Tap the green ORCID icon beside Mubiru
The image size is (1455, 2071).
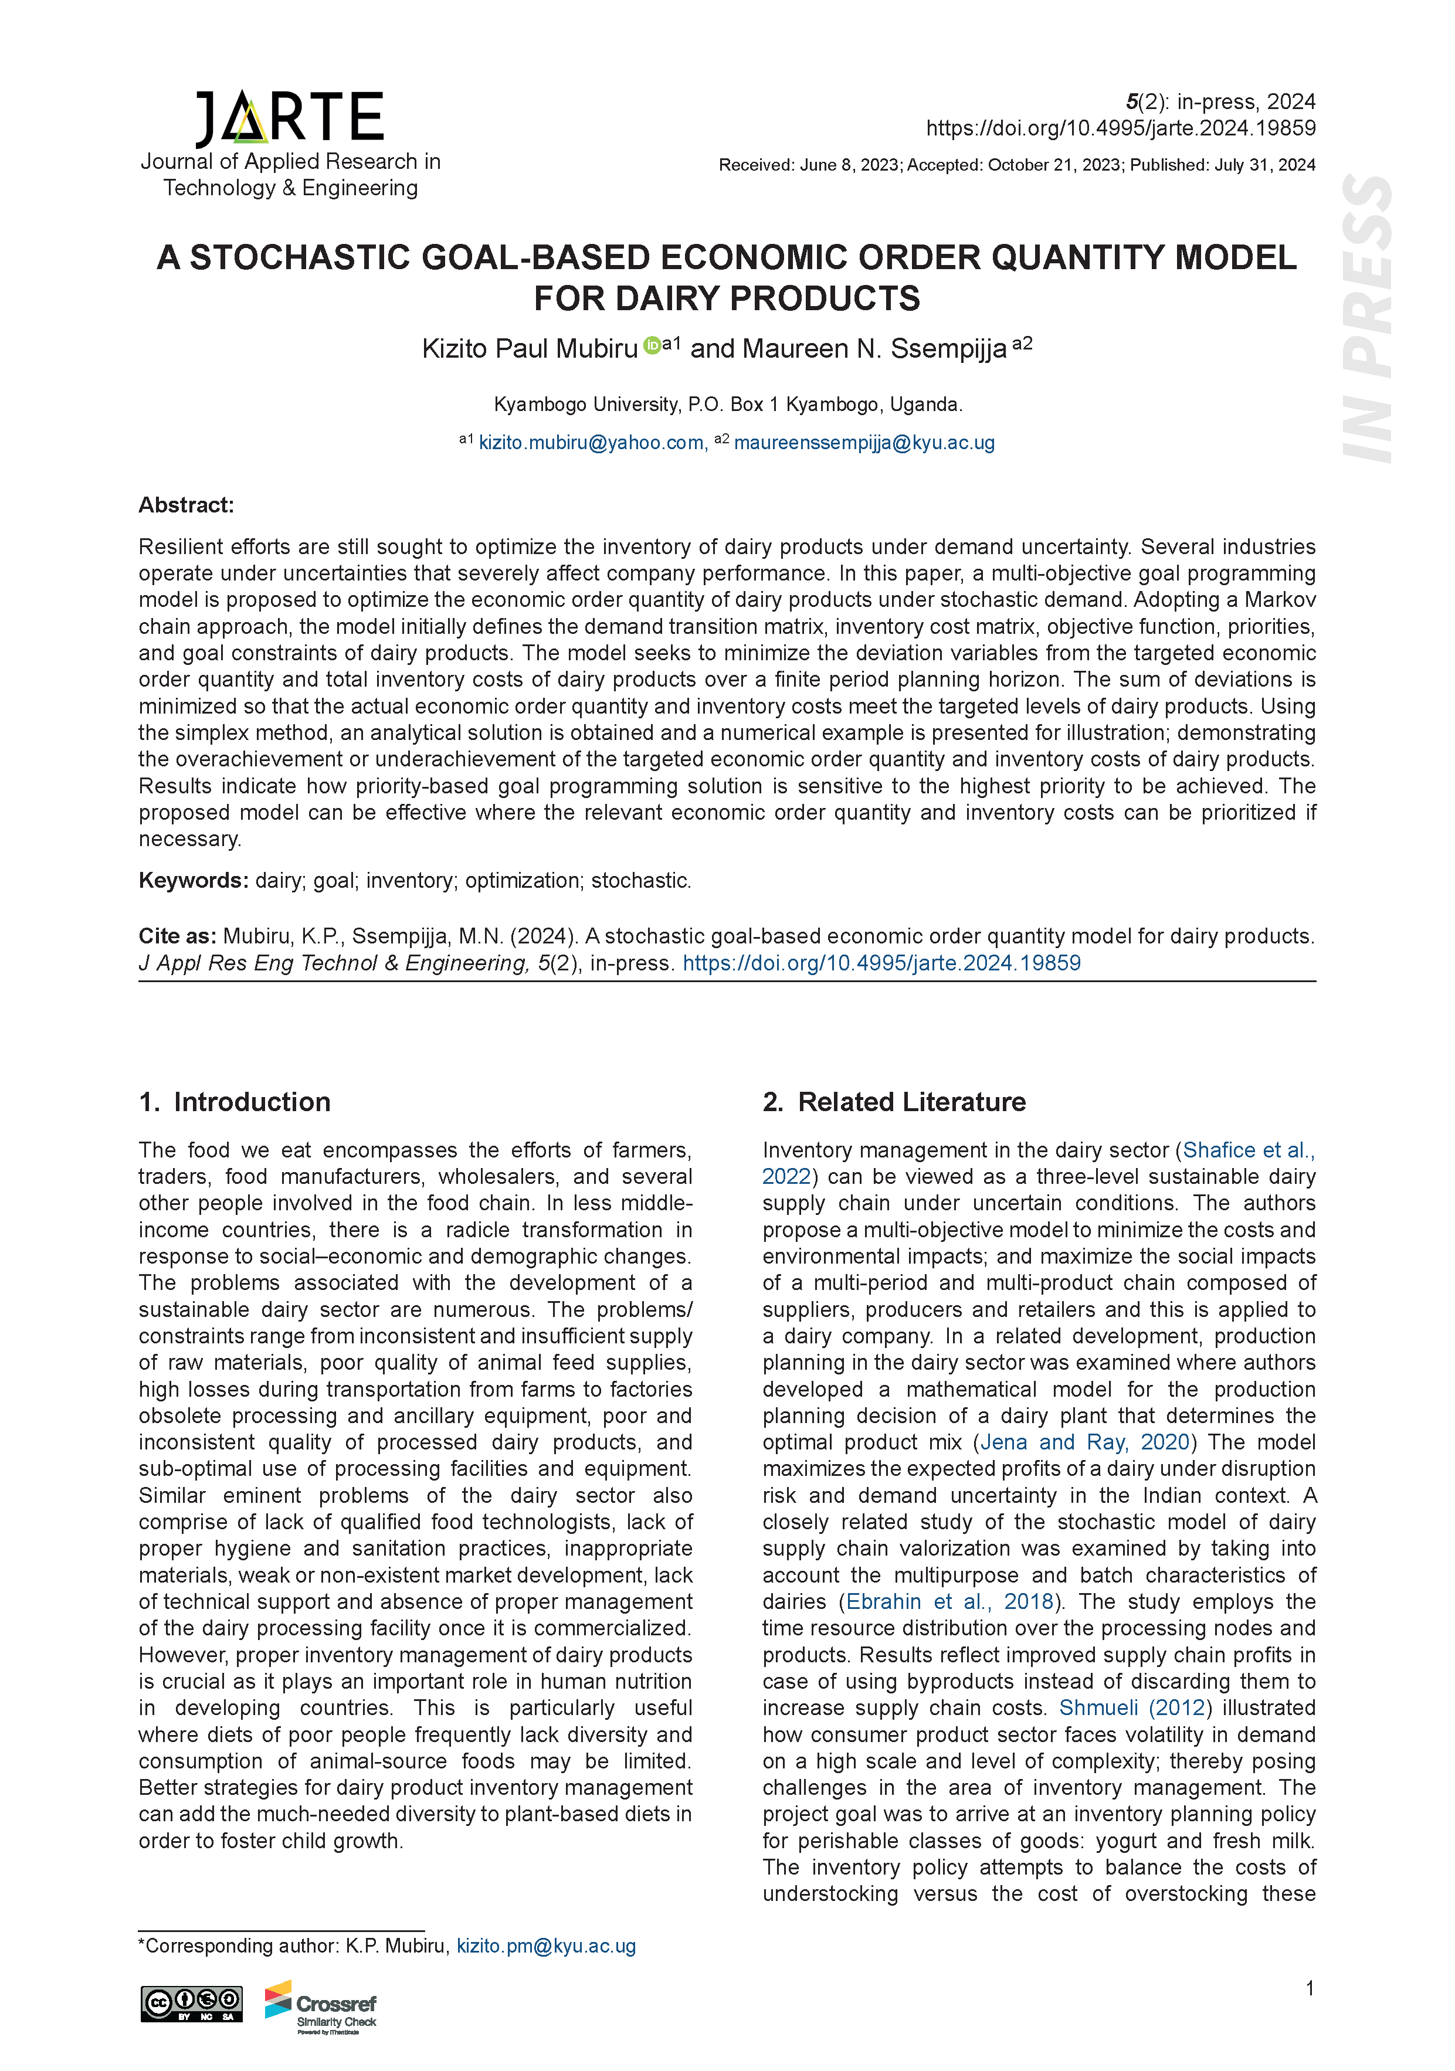click(652, 345)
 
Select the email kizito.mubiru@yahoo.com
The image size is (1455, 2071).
click(592, 443)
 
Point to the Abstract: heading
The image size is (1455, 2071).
click(186, 505)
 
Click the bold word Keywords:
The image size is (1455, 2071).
click(193, 880)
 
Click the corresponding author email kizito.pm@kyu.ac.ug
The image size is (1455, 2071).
click(546, 1946)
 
